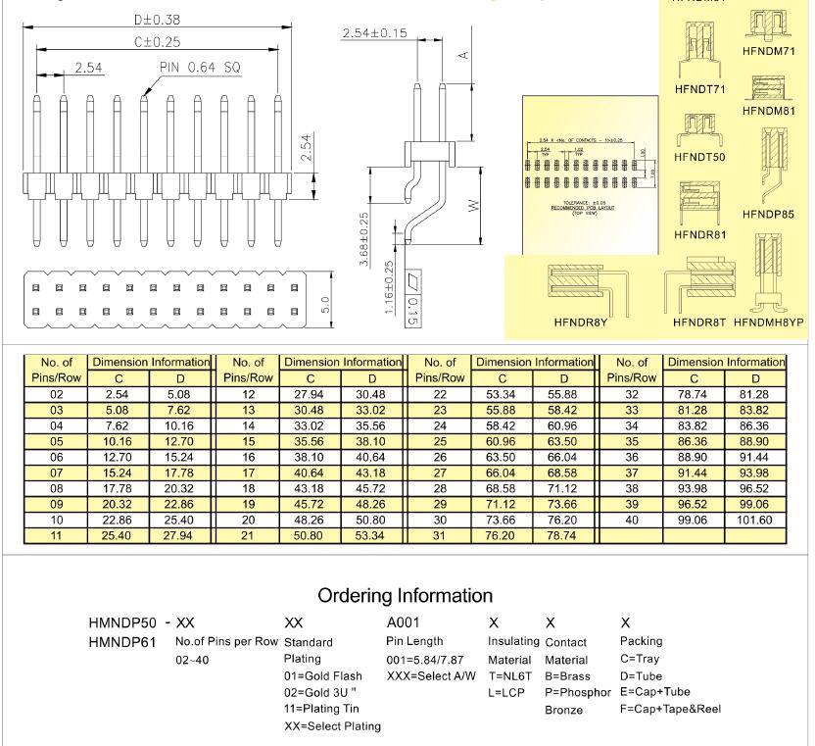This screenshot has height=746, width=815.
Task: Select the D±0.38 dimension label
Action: coord(157,19)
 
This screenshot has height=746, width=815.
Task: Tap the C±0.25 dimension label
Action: coord(156,43)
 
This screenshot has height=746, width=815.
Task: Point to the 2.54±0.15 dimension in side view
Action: coord(374,34)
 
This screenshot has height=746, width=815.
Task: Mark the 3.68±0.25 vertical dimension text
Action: coord(365,239)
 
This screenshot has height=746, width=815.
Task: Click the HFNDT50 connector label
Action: coord(698,157)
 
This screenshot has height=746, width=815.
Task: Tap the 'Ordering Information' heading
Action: coord(406,595)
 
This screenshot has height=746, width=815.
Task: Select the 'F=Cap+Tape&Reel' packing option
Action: coord(669,709)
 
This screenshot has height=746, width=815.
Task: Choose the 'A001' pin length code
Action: coord(407,623)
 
